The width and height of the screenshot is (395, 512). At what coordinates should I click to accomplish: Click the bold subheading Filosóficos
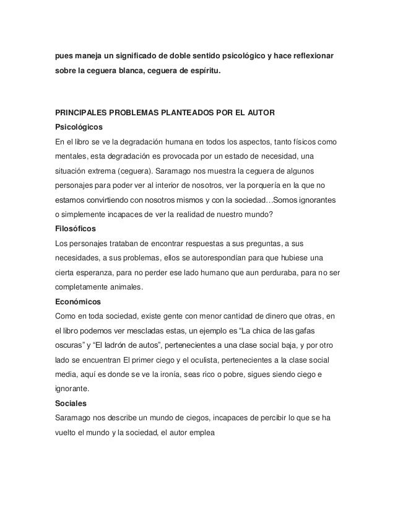pyautogui.click(x=76, y=228)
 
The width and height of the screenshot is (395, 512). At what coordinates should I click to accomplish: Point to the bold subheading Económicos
pyautogui.click(x=77, y=302)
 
